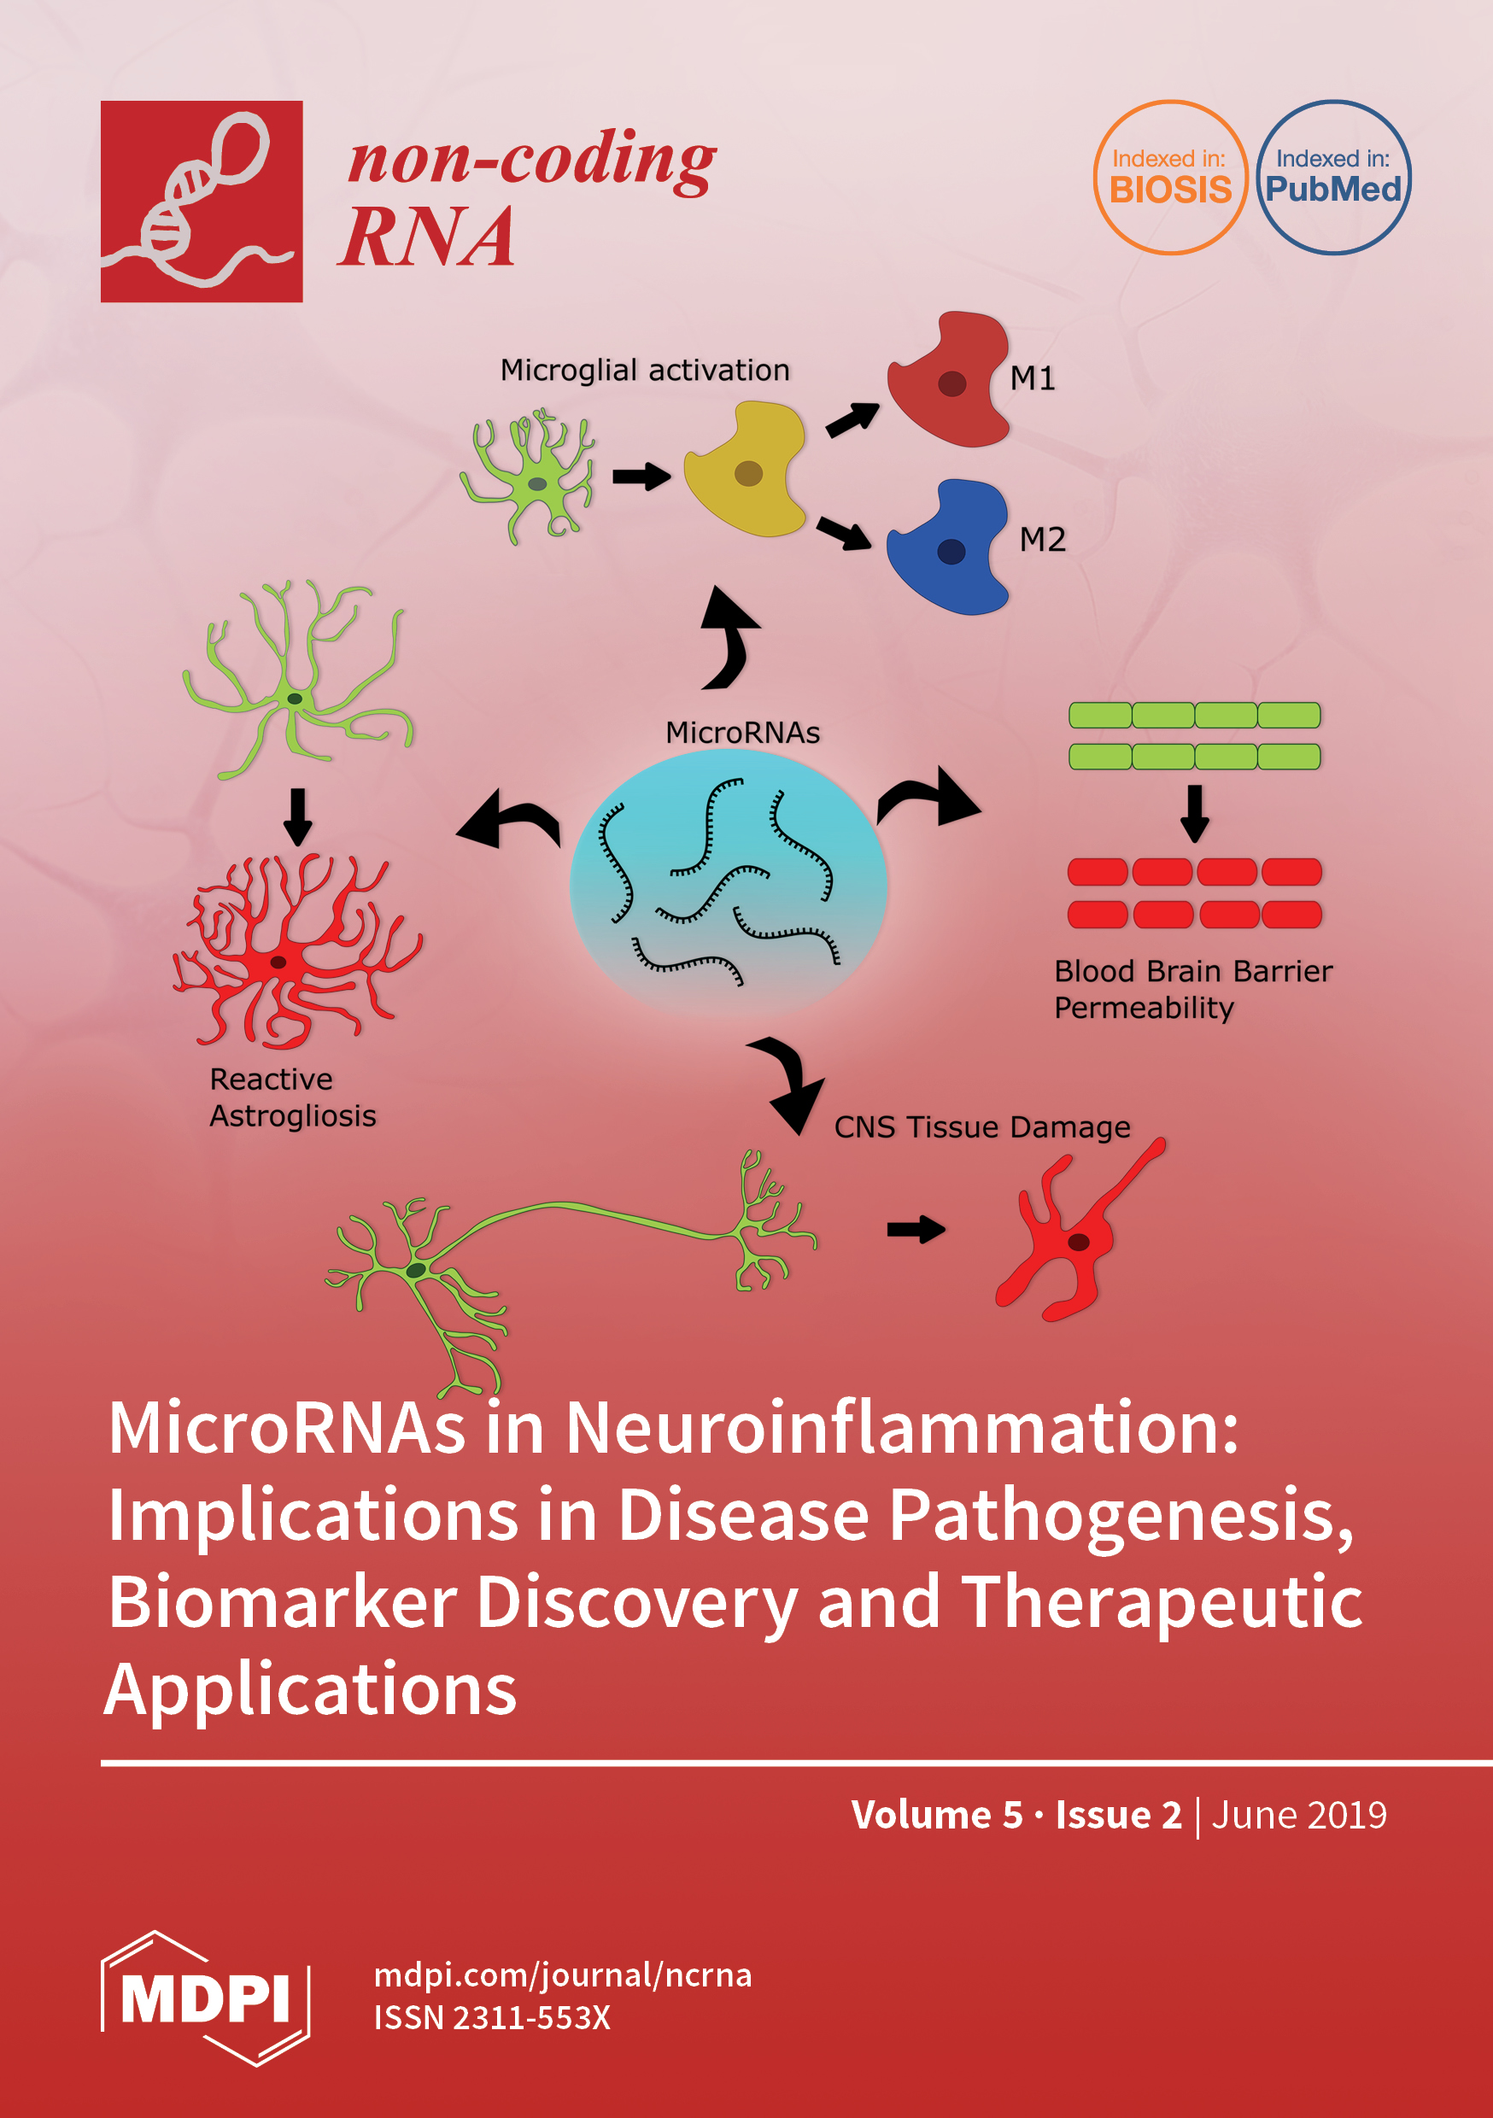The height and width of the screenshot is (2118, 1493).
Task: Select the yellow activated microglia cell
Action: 746,471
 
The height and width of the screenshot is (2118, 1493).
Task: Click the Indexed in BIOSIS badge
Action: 1170,177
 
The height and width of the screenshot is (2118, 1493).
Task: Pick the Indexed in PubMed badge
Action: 1333,177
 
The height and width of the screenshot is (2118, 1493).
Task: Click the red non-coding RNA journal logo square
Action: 202,201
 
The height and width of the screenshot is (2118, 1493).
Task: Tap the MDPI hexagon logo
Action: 205,1998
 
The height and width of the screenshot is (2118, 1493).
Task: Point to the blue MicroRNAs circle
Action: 728,884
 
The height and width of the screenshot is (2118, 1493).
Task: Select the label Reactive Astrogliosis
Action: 292,1097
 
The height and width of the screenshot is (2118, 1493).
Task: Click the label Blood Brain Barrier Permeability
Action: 1192,989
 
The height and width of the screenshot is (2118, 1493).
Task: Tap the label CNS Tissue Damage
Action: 981,1126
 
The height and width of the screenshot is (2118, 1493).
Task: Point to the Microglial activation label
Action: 644,370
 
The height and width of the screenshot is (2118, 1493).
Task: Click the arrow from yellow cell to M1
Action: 852,419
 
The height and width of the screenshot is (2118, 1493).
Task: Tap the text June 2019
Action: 1298,1815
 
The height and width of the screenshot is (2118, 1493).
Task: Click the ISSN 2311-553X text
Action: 492,2017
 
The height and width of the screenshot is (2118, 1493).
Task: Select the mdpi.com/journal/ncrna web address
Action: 562,1975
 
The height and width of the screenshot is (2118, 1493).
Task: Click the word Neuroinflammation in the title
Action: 900,1428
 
